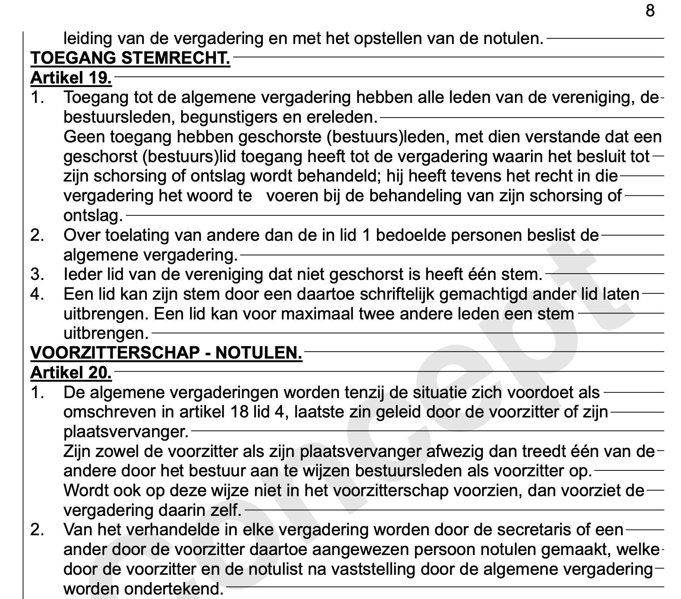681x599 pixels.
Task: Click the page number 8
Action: (x=650, y=11)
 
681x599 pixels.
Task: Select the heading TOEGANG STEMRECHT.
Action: (x=130, y=58)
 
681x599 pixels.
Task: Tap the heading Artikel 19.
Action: (x=71, y=78)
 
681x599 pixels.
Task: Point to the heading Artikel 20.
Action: (x=71, y=372)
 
